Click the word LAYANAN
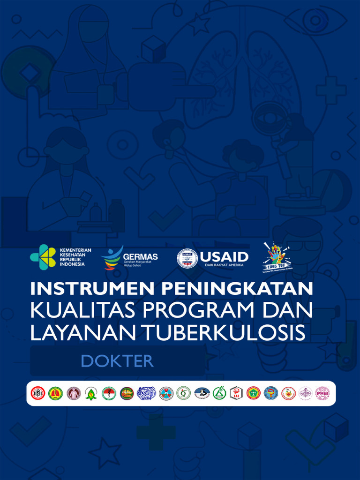click(82, 332)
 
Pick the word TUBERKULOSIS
click(223, 332)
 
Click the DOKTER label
click(117, 361)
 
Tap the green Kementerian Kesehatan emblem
click(43, 256)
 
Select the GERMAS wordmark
click(140, 257)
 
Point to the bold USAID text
click(224, 256)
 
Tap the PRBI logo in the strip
click(322, 393)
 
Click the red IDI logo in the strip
click(38, 393)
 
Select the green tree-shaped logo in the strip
click(91, 393)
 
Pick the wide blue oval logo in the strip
click(146, 393)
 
